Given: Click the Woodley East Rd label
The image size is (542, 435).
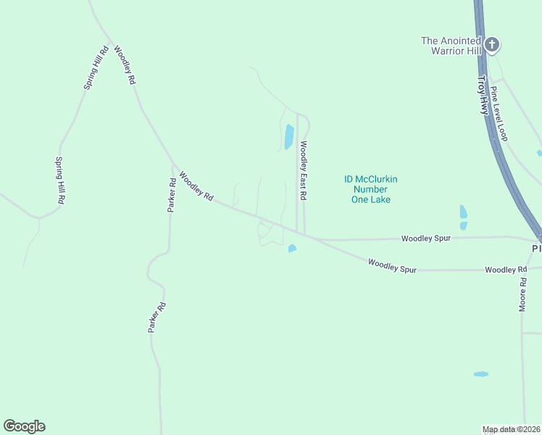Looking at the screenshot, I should click(x=304, y=170).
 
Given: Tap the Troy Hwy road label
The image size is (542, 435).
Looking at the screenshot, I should click(x=483, y=95).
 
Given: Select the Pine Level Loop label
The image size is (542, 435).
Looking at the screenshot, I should click(x=499, y=113).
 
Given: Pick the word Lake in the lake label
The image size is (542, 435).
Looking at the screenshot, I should click(x=380, y=199).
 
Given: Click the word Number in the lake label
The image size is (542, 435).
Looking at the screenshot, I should click(x=371, y=189).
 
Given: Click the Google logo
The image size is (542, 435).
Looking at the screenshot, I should click(x=24, y=426).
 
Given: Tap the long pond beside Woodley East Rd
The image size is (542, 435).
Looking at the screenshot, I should click(x=288, y=136).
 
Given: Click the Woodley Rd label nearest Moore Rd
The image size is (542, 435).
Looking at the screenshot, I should click(x=506, y=270).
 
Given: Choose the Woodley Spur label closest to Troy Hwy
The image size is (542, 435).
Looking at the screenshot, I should click(x=427, y=238).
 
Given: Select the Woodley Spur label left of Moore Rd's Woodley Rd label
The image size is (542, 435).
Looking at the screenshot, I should click(x=392, y=265).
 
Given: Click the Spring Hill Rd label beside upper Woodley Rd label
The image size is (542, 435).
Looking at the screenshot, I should click(x=96, y=67).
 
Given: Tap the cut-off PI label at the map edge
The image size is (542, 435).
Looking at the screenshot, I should click(x=536, y=249).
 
